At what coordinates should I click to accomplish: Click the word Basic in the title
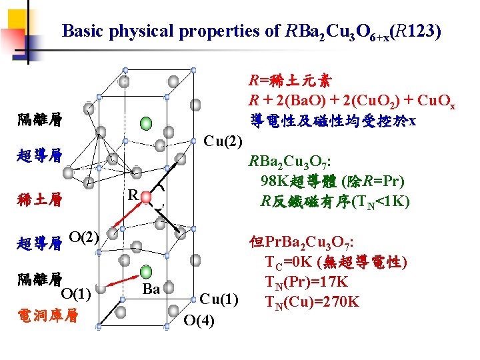[x=81, y=31]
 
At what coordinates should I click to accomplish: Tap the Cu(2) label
[x=223, y=141]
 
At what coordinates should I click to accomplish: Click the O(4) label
[x=199, y=320]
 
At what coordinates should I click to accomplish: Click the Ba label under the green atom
[x=151, y=289]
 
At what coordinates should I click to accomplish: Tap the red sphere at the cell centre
[x=145, y=198]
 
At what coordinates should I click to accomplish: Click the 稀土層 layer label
[x=41, y=199]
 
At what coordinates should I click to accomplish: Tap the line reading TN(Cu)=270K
[x=313, y=302]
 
